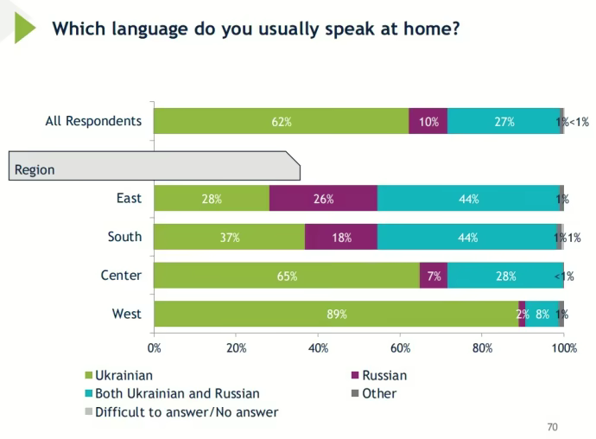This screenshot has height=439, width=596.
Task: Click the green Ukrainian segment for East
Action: pos(212,199)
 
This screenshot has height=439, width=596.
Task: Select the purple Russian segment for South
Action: pos(341,238)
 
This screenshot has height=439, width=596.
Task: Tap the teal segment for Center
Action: pos(505,277)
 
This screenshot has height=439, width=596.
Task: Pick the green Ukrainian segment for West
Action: pos(336,315)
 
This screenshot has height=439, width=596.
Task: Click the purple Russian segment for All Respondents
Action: pos(428,122)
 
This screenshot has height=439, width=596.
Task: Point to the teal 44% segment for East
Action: pos(468,199)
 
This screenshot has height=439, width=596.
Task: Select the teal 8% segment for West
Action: pos(542,315)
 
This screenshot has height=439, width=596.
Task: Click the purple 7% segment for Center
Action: pos(434,277)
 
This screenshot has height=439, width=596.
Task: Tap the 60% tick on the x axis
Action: pos(400,348)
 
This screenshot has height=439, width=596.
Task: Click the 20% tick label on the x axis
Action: pos(236,348)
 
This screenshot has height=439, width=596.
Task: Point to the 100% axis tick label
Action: pos(564,348)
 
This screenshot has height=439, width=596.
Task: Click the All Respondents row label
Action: pos(93,121)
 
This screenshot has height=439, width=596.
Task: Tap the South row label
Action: pos(124,237)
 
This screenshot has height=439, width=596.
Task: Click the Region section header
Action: pos(35,169)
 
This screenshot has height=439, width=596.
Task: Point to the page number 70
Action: pos(553,427)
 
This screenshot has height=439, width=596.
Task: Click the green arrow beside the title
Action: pos(23,28)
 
